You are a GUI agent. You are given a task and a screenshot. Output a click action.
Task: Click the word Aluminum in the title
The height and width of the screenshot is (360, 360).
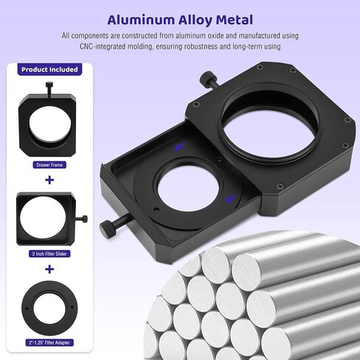click(141, 20)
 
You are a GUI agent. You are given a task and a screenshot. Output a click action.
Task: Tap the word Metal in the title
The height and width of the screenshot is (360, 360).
click(235, 20)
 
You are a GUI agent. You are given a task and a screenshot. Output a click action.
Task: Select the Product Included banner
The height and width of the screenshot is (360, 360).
click(49, 69)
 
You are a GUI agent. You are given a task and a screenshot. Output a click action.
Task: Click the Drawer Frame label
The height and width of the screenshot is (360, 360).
click(49, 165)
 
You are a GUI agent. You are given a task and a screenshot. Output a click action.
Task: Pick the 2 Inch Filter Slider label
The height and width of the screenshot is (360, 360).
click(49, 254)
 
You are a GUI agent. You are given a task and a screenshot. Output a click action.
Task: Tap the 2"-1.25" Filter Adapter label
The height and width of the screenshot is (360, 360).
click(49, 342)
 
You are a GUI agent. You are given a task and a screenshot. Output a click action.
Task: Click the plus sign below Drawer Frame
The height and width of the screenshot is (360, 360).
click(49, 180)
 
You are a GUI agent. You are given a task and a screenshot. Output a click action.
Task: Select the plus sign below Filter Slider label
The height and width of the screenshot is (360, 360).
click(49, 269)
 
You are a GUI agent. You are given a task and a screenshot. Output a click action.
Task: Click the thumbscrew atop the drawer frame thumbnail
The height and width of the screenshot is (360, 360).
click(49, 89)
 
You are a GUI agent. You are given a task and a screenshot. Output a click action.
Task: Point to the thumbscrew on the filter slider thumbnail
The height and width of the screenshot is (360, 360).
click(82, 218)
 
